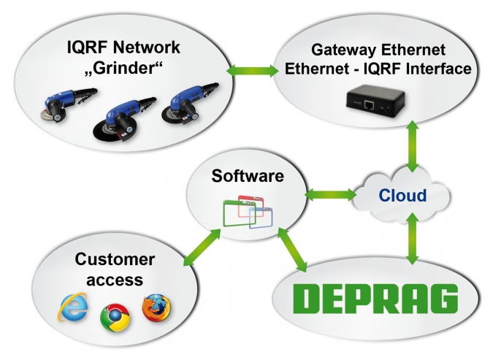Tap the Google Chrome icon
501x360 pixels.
(112, 315)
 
